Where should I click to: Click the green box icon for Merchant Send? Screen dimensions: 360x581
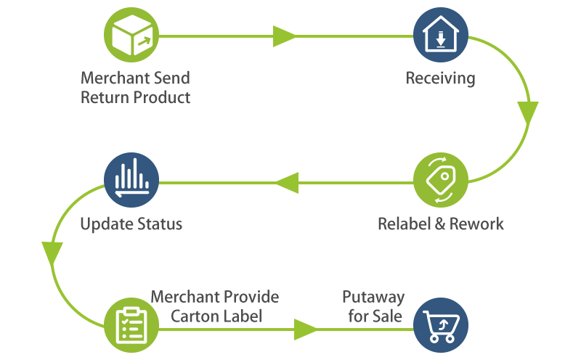[x=131, y=35]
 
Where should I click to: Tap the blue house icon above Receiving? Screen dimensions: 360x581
[x=441, y=35]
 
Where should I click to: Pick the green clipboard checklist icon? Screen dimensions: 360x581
[x=131, y=325]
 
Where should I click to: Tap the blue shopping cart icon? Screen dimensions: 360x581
[x=441, y=325]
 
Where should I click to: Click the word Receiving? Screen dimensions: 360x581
[x=441, y=78]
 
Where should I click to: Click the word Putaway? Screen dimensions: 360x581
[x=373, y=298]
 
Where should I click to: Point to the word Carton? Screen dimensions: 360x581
[x=195, y=316]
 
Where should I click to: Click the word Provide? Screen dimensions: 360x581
[x=250, y=298]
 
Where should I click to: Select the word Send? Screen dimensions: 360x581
[x=173, y=78]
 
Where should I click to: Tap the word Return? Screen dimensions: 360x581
[x=102, y=97]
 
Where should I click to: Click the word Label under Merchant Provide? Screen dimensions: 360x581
[x=242, y=316]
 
